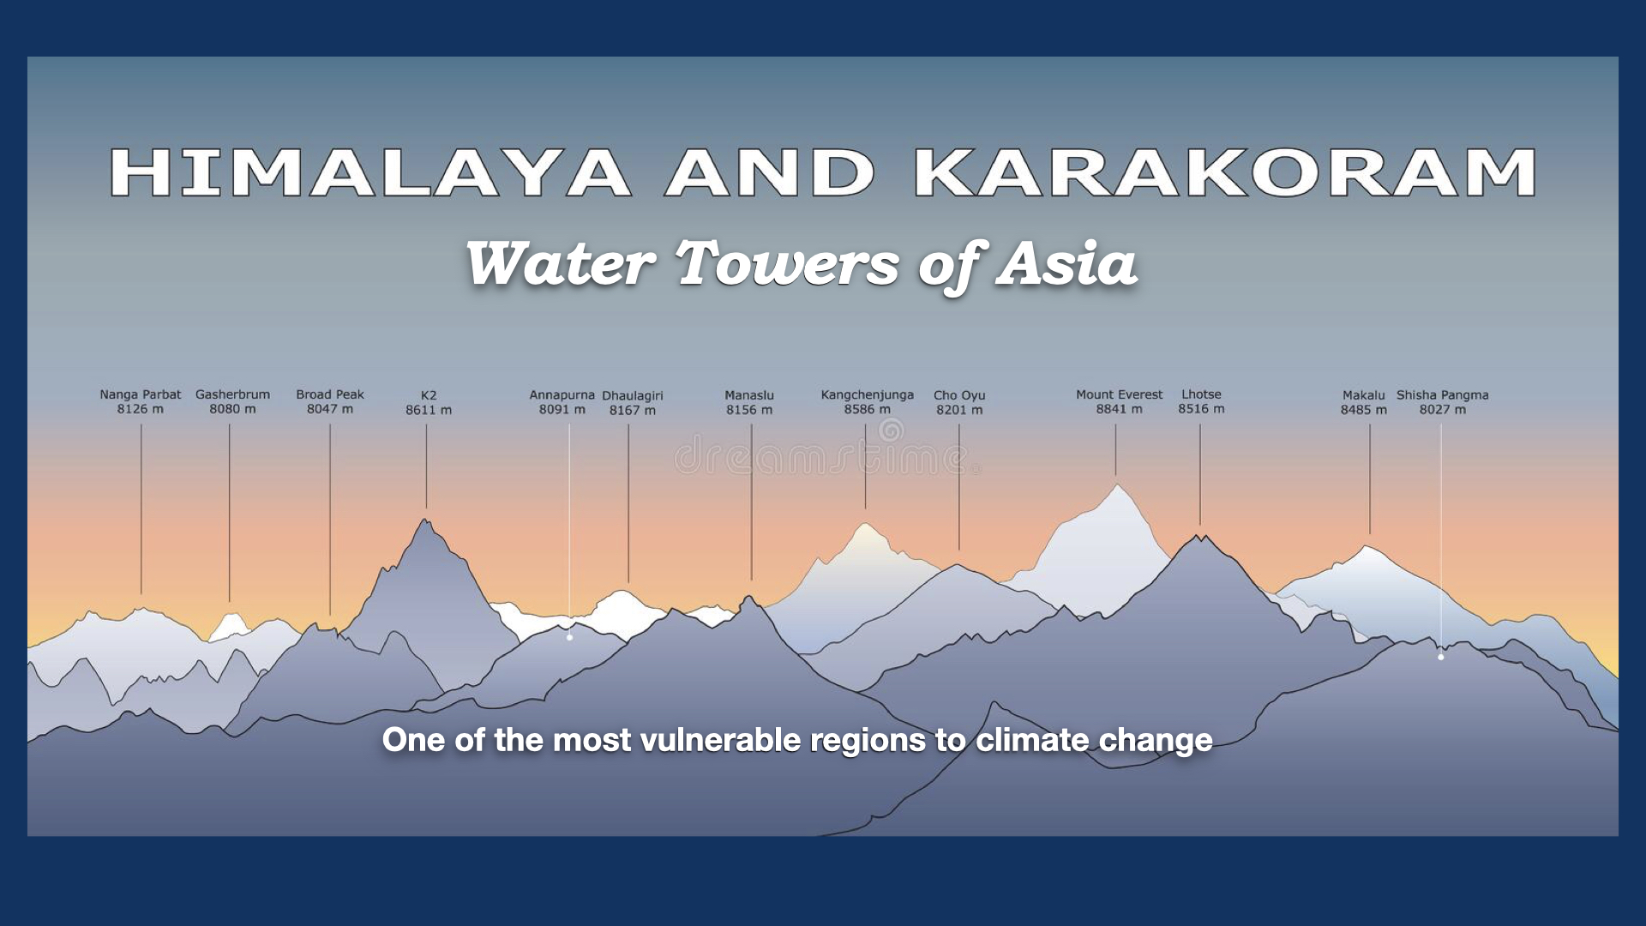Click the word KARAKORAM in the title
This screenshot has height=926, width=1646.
[x=1225, y=172]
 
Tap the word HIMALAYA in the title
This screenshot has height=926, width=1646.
[x=370, y=172]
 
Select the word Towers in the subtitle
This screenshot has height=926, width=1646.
[x=787, y=263]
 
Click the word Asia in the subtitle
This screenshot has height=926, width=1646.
[x=1066, y=263]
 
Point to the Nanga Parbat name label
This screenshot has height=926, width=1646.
[x=141, y=394]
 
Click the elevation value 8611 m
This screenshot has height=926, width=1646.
[x=429, y=410]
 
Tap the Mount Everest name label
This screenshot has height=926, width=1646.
[x=1120, y=394]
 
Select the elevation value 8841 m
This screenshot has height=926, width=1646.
[x=1120, y=409]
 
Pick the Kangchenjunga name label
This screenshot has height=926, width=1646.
[x=868, y=394]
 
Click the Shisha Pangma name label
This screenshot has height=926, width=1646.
[x=1443, y=394]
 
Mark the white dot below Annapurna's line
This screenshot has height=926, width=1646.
[x=569, y=637]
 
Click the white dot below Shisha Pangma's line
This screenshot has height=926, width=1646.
[x=1441, y=657]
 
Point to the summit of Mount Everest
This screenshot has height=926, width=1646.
[x=1118, y=485]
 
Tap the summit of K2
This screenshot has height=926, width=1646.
[x=425, y=520]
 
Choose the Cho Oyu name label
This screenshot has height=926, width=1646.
[x=959, y=395]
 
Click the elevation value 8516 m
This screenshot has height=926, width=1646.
[x=1201, y=409]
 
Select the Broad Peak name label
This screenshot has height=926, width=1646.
[x=330, y=394]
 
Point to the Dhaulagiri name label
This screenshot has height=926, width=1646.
[x=633, y=395]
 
